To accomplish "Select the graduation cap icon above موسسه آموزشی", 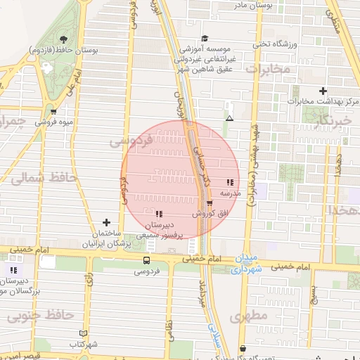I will (x=205, y=38).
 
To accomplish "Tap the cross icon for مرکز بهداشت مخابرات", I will (x=323, y=91).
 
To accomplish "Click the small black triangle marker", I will (x=229, y=118).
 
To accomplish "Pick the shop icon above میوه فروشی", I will (x=72, y=110).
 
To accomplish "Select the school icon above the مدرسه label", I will (x=231, y=181).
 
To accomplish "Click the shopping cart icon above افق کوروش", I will (x=210, y=203).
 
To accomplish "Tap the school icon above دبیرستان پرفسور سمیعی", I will (x=160, y=214).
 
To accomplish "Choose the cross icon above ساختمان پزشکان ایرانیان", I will (x=107, y=222).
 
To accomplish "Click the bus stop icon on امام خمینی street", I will (x=146, y=259).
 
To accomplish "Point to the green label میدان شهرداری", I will (x=255, y=263).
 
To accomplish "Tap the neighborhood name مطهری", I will (x=249, y=316).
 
